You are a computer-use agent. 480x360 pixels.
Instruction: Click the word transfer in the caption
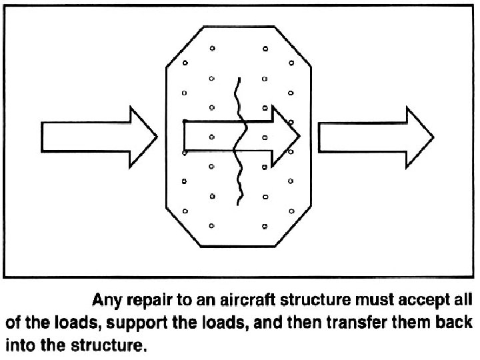(x=365, y=315)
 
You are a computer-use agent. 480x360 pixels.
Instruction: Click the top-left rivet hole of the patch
(x=212, y=48)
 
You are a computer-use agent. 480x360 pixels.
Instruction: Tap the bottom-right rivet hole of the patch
(x=265, y=226)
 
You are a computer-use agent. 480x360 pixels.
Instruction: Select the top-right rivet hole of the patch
(x=265, y=48)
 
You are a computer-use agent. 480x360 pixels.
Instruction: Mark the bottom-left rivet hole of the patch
(x=212, y=226)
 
